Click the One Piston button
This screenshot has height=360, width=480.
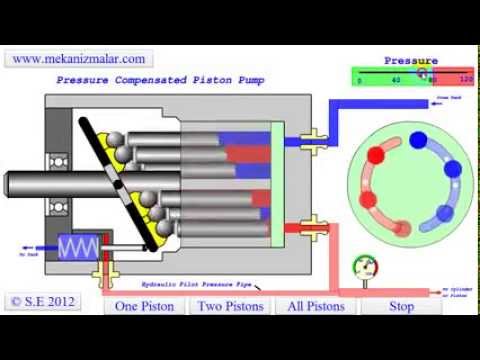(x=144, y=306)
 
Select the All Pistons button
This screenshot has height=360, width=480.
(x=316, y=306)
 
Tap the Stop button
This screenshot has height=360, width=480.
(x=401, y=306)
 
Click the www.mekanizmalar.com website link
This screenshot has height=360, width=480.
(x=79, y=59)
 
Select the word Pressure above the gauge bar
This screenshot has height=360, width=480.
(x=411, y=61)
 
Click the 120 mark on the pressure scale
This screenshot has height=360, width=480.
(x=465, y=78)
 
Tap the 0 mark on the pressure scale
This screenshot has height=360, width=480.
(x=359, y=78)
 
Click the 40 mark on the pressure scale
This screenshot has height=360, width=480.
(x=396, y=78)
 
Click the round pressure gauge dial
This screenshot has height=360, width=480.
(x=366, y=269)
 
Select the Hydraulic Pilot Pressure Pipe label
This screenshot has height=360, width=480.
(x=206, y=284)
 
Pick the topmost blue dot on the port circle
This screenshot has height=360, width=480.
(x=418, y=141)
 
